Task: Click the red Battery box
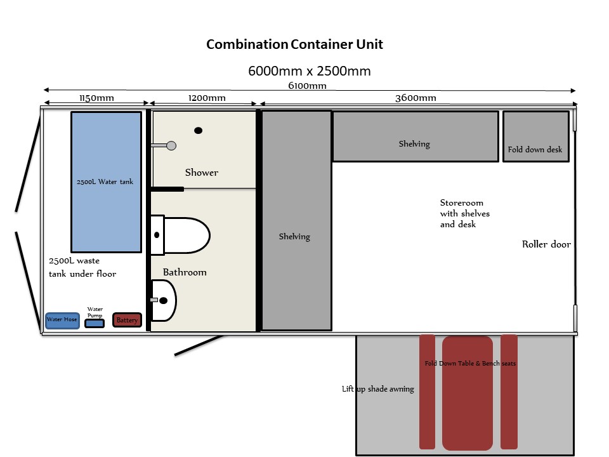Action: pos(127,320)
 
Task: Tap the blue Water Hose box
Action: pos(62,320)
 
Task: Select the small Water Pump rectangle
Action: pos(95,323)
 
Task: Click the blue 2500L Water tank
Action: pos(106,182)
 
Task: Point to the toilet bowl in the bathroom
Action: pos(187,235)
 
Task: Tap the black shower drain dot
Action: pos(198,131)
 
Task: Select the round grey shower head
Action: pos(171,146)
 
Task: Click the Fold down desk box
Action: pos(535,136)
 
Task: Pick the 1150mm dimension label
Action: pos(96,98)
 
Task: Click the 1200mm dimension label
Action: pos(207,98)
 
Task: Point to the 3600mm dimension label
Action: pos(416,98)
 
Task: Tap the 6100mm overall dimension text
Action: pos(307,86)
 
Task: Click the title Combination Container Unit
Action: pos(294,44)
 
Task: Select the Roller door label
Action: pos(546,244)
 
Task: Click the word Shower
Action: pos(202,172)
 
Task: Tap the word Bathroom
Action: pos(185,272)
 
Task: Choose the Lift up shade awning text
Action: pos(378,389)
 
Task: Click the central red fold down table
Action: pos(468,392)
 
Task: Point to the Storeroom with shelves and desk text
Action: pos(465,213)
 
